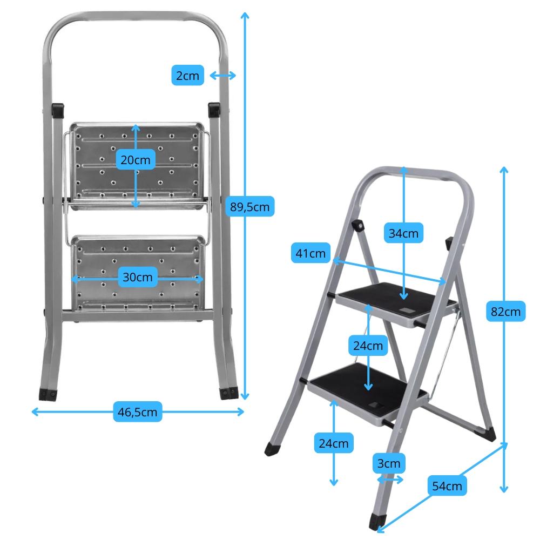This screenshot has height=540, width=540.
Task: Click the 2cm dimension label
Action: [188, 76]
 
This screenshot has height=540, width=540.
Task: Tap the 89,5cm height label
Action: [249, 206]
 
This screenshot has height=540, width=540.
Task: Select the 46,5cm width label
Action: [138, 412]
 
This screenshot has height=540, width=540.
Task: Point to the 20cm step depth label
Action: [136, 160]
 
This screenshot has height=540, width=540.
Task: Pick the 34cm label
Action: [404, 233]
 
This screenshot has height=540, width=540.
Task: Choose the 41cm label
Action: [310, 253]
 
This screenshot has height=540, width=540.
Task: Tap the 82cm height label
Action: [506, 312]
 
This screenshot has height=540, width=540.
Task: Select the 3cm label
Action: [388, 463]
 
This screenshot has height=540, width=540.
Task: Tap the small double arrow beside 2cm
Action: [222, 76]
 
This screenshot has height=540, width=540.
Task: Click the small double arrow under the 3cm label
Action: [390, 480]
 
